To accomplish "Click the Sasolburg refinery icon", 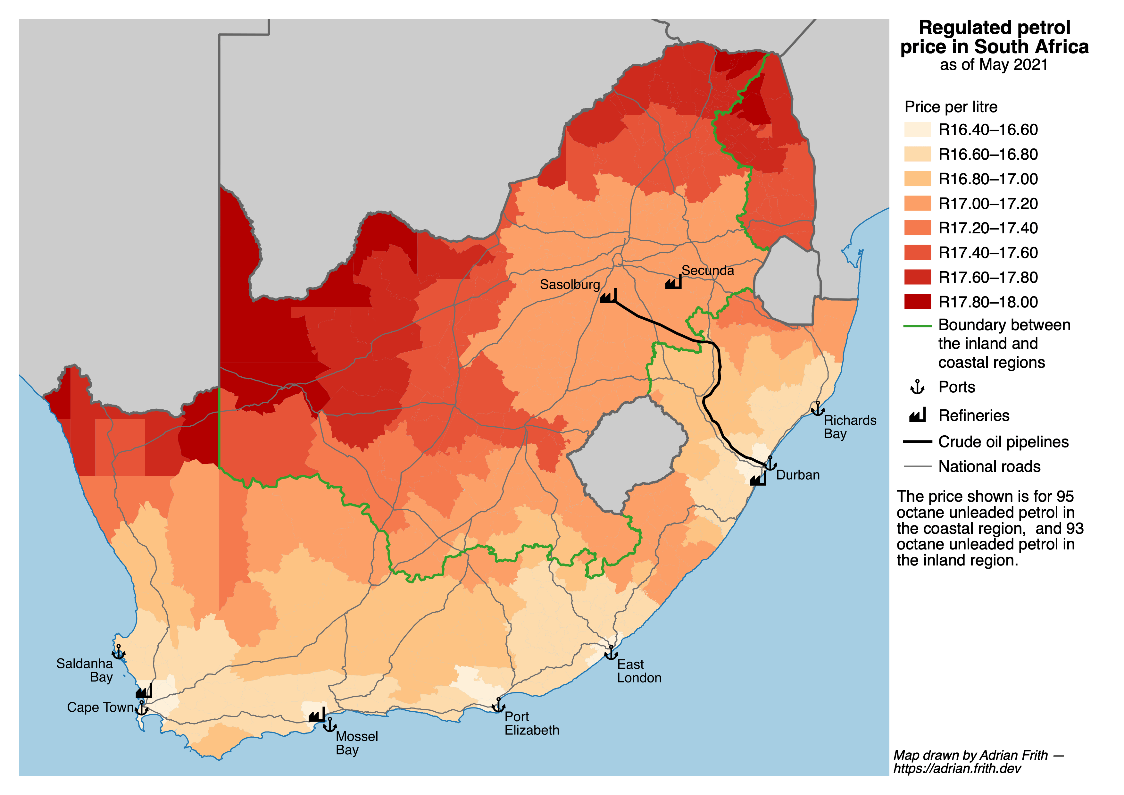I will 609,296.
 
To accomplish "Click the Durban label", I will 797,475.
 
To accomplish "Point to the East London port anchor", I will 611,653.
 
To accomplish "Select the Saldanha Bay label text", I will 85,670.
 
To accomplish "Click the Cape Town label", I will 100,707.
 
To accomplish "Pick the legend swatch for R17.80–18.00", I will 917,302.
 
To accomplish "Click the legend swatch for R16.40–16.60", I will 917,130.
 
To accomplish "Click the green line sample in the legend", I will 917,326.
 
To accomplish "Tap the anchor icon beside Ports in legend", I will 917,387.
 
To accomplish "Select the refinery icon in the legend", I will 917,416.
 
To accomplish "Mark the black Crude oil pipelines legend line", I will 917,442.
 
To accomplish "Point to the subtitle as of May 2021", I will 994,65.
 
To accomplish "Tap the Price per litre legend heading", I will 951,107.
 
